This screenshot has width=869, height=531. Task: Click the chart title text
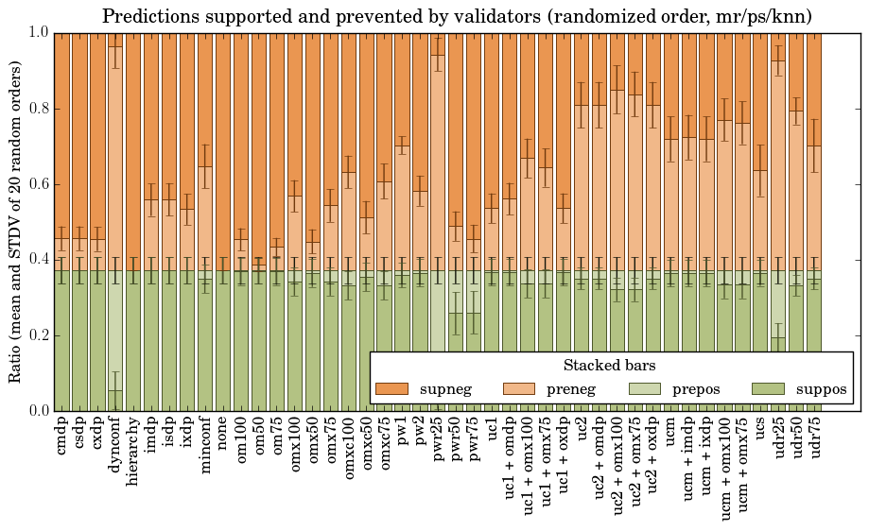[x=457, y=16]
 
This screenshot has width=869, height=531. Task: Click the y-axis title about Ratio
[x=16, y=221]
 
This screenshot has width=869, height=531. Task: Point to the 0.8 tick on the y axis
[x=37, y=109]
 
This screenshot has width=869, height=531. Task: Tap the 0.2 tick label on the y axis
[x=37, y=335]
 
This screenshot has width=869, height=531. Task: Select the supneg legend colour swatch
[x=391, y=389]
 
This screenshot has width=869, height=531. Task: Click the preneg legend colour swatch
[x=516, y=389]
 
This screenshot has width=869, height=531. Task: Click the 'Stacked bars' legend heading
[x=610, y=365]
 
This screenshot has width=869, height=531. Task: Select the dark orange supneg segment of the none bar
[x=223, y=142]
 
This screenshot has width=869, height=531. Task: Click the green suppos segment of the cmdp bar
[x=61, y=340]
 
